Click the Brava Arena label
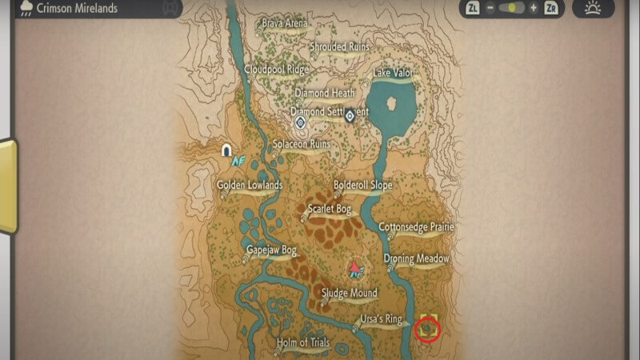click(x=284, y=23)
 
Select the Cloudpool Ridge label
click(x=276, y=69)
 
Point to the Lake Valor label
click(x=393, y=73)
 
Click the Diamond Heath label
click(x=325, y=93)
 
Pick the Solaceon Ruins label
click(x=302, y=145)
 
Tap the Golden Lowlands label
click(x=250, y=186)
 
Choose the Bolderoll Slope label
click(x=362, y=186)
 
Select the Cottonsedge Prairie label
click(x=416, y=227)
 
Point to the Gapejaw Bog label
click(x=271, y=250)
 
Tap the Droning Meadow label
click(x=416, y=259)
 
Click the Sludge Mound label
click(x=349, y=294)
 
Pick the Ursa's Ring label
click(x=381, y=320)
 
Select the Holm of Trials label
click(x=303, y=343)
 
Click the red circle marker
click(x=428, y=328)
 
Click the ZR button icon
click(x=550, y=8)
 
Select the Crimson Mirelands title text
click(x=77, y=8)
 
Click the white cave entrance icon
click(x=227, y=150)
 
